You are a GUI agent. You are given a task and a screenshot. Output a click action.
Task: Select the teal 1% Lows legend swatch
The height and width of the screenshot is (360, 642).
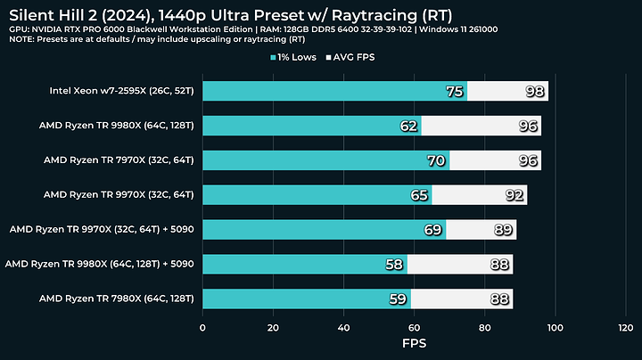click(x=273, y=58)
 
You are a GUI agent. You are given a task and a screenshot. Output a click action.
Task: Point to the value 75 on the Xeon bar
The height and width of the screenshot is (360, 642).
click(x=455, y=92)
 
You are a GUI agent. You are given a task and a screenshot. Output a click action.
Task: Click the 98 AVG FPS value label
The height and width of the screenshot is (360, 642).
click(x=535, y=92)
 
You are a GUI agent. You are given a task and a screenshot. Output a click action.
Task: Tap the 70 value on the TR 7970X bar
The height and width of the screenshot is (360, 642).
click(x=437, y=160)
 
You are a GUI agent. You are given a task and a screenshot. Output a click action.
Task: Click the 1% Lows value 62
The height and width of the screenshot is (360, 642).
click(x=408, y=127)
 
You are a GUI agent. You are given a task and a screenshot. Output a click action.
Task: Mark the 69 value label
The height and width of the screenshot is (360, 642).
click(x=433, y=230)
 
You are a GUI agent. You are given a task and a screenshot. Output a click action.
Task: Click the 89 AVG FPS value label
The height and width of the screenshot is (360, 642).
click(x=503, y=230)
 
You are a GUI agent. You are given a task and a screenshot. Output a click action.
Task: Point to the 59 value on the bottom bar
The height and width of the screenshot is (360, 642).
click(x=398, y=299)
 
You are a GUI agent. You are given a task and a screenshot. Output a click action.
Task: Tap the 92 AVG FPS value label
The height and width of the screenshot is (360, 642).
click(x=514, y=195)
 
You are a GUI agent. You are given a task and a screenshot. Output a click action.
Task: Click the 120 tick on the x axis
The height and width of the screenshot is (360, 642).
click(x=625, y=328)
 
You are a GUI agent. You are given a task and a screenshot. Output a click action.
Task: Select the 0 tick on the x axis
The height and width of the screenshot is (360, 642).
click(x=203, y=328)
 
